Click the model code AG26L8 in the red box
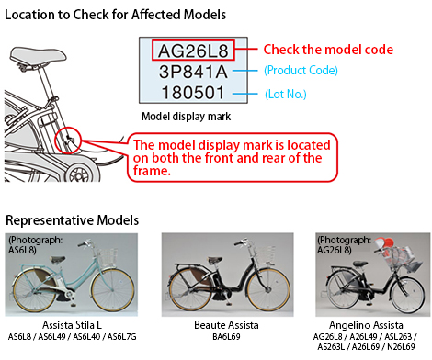coord(193,51)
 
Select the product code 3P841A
coord(193,72)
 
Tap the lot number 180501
coord(193,93)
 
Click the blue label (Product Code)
coord(301,71)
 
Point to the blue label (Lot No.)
coord(286,94)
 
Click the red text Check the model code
coord(328,50)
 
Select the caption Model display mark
coord(186,117)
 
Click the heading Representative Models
coord(73,220)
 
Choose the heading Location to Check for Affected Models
coord(116,15)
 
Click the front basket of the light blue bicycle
coord(108,256)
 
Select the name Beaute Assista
coord(226,325)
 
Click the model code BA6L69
coord(226,337)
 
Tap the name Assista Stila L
coord(72,325)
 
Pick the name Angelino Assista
coord(366,325)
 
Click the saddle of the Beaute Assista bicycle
coord(215,260)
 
